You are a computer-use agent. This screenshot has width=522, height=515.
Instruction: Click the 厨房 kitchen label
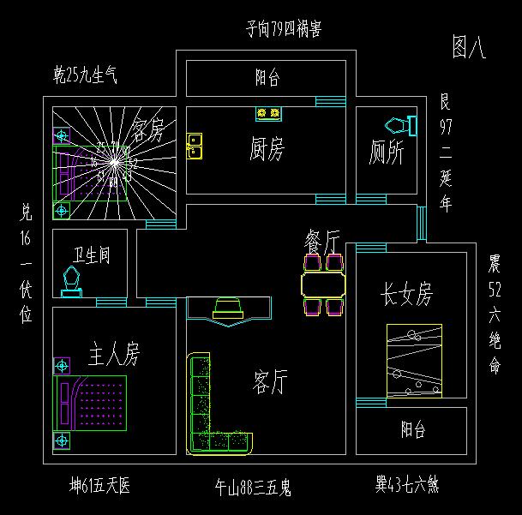click(267, 150)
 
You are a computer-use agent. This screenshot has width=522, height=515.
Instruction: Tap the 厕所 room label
click(387, 153)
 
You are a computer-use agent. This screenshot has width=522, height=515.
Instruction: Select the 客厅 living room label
click(270, 381)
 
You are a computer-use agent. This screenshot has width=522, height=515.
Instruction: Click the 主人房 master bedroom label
click(114, 353)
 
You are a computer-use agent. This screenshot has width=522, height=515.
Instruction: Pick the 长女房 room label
click(407, 296)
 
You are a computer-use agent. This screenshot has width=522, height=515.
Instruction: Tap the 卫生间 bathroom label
click(91, 255)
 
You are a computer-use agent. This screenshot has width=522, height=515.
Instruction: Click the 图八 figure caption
click(469, 49)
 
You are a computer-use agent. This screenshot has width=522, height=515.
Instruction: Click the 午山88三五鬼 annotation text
click(253, 489)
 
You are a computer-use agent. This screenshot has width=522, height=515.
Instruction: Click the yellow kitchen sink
click(195, 146)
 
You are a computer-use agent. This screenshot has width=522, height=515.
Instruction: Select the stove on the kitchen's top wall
click(268, 113)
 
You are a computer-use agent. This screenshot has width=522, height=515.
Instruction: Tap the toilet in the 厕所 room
click(403, 125)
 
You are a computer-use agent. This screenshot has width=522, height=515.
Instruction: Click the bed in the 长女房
click(414, 361)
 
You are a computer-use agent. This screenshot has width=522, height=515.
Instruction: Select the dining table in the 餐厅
click(323, 284)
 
